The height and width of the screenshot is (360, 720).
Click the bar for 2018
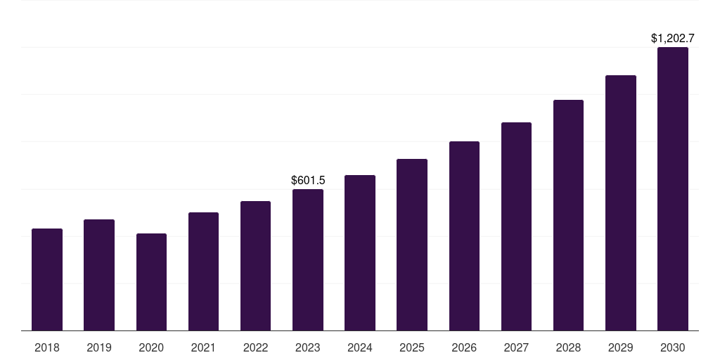(x=47, y=279)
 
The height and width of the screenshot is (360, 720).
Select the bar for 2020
(x=151, y=282)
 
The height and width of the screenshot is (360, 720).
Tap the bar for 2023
(x=308, y=259)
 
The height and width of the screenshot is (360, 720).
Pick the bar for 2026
(x=464, y=236)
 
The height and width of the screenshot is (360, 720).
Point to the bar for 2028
(x=568, y=215)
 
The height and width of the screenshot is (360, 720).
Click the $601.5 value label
(x=308, y=181)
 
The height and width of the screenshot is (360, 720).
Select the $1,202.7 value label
(x=673, y=39)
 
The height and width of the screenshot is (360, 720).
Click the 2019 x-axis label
(x=99, y=347)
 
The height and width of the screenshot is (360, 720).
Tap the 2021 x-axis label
(x=203, y=347)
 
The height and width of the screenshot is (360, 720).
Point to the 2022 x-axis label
(x=256, y=347)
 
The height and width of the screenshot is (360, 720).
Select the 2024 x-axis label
(x=360, y=347)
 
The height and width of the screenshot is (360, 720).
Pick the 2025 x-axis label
(x=412, y=347)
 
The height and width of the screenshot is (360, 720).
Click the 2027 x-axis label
(x=516, y=347)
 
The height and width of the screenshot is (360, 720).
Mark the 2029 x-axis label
(x=621, y=347)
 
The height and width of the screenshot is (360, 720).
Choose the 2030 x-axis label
(x=673, y=347)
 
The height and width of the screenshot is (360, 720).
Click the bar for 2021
(x=203, y=271)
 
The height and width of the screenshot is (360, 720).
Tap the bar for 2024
(x=360, y=252)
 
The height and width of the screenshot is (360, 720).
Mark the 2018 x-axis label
(x=47, y=347)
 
